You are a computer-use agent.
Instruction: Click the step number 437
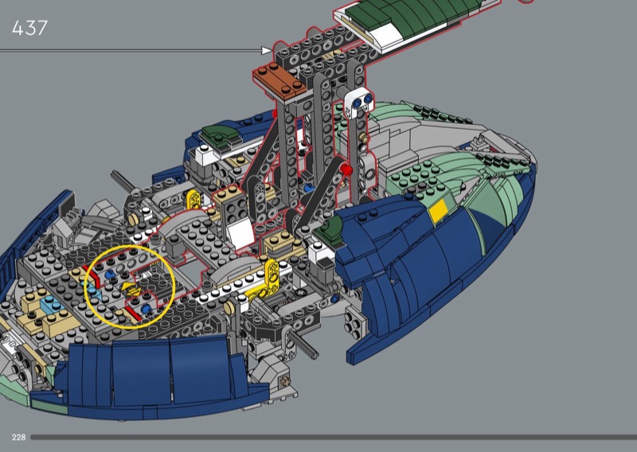29,28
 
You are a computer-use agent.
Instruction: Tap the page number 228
18,437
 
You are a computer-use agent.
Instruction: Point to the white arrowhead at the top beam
267,50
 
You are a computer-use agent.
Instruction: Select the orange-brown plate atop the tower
279,80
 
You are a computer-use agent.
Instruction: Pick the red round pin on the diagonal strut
346,169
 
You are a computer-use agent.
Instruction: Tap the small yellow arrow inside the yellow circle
131,289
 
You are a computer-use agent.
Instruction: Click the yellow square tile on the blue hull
439,212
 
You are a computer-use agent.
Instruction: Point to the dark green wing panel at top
410,14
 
